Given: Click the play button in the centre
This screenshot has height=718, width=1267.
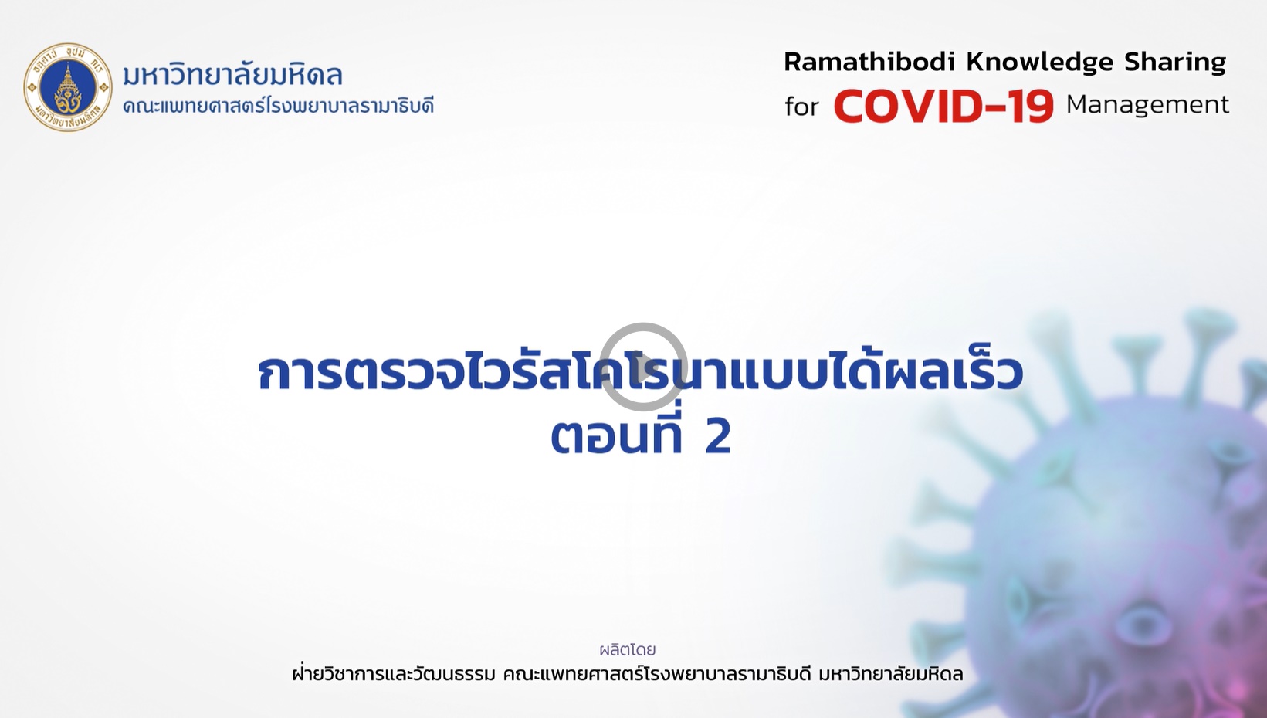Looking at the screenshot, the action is [644, 367].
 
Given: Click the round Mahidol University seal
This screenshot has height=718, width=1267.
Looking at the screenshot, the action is [68, 88].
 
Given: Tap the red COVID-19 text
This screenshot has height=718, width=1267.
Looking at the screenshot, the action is [943, 106].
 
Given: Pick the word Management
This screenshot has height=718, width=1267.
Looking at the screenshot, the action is [1147, 105].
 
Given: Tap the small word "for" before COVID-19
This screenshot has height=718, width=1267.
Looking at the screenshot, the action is [801, 106].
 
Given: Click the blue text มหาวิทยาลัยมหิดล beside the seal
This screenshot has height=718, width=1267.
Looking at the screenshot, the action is [232, 75].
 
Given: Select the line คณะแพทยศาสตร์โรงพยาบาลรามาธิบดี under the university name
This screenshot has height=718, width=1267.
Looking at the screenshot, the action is [278, 106].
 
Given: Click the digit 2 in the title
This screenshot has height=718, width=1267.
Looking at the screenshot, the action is [718, 437].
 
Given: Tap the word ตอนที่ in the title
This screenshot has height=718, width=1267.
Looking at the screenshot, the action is [618, 435].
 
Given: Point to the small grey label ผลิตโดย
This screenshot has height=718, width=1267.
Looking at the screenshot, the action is [628, 649].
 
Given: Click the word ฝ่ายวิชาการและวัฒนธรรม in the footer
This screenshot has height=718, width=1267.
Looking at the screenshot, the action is [394, 673].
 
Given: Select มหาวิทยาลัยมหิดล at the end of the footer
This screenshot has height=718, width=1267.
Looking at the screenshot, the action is [891, 674].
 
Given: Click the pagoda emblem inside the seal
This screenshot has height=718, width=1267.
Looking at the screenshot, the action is [68, 86].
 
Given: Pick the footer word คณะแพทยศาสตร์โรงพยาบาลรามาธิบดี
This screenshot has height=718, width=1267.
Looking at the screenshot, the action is [657, 674].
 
